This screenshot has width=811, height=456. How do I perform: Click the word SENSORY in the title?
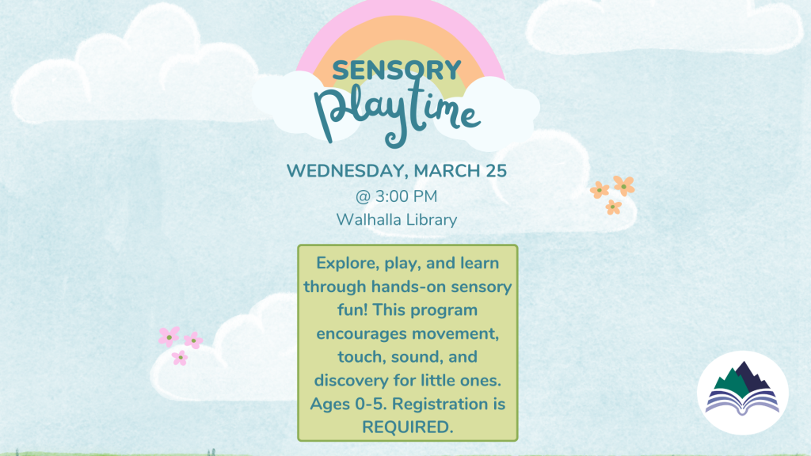click(x=397, y=70)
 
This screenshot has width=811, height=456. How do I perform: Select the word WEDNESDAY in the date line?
click(x=346, y=171)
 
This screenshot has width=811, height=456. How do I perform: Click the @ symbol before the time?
click(x=363, y=196)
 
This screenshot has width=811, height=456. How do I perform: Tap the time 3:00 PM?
click(x=406, y=196)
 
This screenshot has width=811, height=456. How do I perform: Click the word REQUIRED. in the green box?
click(x=408, y=427)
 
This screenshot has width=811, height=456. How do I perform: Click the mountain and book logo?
click(x=743, y=393)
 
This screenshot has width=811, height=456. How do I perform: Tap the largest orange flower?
click(x=624, y=185)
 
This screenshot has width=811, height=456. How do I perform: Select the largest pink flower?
click(x=169, y=336)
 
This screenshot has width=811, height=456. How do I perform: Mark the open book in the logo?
click(x=743, y=403)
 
